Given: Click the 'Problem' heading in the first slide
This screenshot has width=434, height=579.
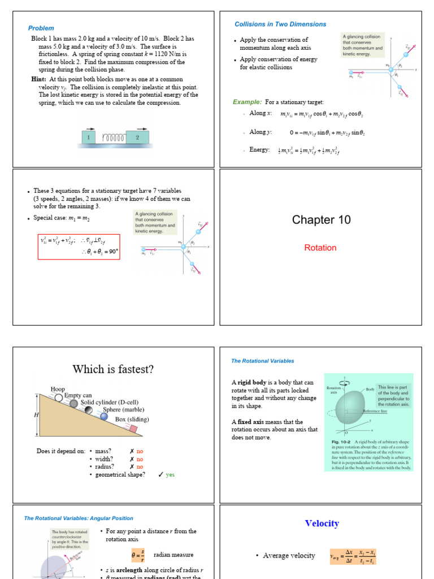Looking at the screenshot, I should click(x=41, y=28).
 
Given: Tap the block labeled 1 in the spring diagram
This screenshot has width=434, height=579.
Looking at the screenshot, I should click(x=88, y=137).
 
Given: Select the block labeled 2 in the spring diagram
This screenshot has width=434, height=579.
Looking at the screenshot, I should click(x=137, y=137).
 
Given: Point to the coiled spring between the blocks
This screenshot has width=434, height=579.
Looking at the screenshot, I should click(x=112, y=137).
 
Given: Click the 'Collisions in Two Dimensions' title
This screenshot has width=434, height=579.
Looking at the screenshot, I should click(x=280, y=24).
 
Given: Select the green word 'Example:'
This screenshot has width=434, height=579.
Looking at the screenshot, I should click(x=247, y=102).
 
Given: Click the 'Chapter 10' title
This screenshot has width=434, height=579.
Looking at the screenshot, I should click(x=321, y=220).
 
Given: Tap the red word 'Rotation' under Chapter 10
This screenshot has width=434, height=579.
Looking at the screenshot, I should click(x=320, y=248).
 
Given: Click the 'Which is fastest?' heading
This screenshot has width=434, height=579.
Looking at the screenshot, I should click(x=112, y=370).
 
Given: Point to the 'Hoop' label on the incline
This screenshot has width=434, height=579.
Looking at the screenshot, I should click(x=58, y=389).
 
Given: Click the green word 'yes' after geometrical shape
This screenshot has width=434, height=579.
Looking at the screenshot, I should click(x=170, y=475).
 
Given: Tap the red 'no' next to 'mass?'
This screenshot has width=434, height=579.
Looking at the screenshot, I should click(x=140, y=451).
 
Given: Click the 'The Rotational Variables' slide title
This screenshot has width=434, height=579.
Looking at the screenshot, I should click(x=262, y=361).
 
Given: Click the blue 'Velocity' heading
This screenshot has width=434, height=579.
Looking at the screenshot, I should click(x=322, y=524).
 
